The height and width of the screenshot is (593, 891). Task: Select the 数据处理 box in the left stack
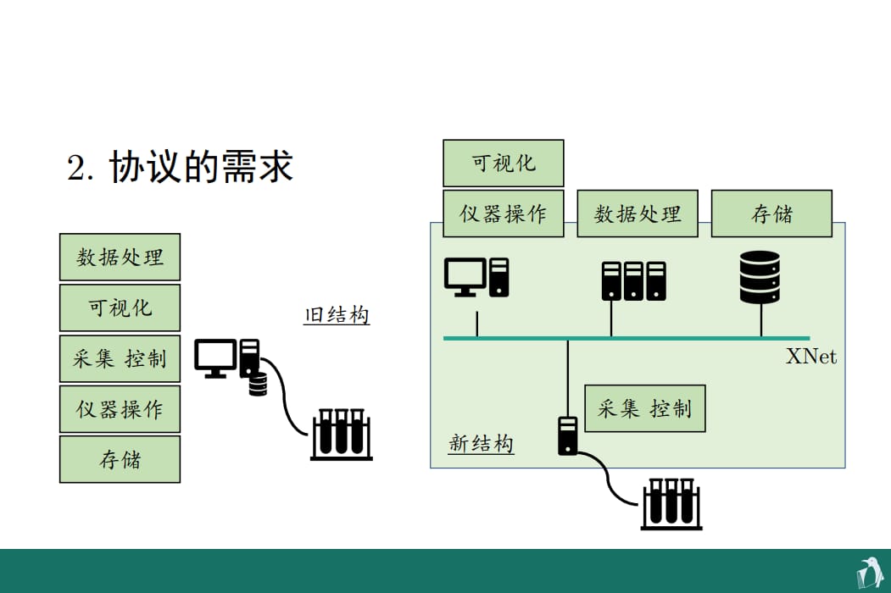pyautogui.click(x=120, y=257)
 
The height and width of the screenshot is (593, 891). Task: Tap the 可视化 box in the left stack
pyautogui.click(x=120, y=308)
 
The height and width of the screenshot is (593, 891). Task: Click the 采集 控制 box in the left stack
pyautogui.click(x=120, y=358)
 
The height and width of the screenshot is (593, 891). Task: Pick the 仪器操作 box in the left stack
pyautogui.click(x=120, y=409)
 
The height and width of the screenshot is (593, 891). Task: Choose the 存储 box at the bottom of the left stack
pyautogui.click(x=120, y=459)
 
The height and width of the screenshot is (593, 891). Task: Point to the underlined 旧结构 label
pyautogui.click(x=337, y=314)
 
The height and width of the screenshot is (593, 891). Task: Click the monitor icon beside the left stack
pyautogui.click(x=215, y=357)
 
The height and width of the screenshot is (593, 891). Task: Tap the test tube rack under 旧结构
pyautogui.click(x=342, y=435)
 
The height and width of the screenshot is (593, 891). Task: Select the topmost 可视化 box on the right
pyautogui.click(x=504, y=163)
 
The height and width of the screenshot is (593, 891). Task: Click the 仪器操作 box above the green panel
pyautogui.click(x=504, y=213)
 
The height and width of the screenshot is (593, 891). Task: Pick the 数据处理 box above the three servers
pyautogui.click(x=638, y=213)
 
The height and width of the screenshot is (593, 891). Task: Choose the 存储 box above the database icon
pyautogui.click(x=771, y=213)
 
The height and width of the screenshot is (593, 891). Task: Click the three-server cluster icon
pyautogui.click(x=633, y=280)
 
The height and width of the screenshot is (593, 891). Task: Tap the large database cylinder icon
pyautogui.click(x=760, y=277)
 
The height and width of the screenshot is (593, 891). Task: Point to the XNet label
pyautogui.click(x=810, y=356)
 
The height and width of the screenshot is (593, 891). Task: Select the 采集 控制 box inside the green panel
pyautogui.click(x=645, y=408)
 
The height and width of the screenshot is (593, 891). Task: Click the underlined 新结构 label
pyautogui.click(x=482, y=443)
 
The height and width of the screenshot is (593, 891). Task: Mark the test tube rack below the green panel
pyautogui.click(x=671, y=504)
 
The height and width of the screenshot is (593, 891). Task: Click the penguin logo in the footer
pyautogui.click(x=870, y=574)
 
